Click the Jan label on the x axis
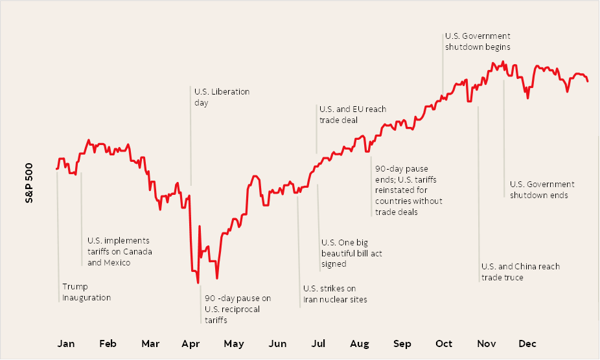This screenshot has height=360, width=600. (x=66, y=343)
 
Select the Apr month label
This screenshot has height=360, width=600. (x=191, y=343)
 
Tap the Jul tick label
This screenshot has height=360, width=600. (x=319, y=343)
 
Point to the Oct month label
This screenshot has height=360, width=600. (x=444, y=343)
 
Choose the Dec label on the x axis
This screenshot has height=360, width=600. (x=527, y=343)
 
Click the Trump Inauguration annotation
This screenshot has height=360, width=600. (x=86, y=292)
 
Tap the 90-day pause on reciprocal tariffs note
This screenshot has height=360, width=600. (x=238, y=309)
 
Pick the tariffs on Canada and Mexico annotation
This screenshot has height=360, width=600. (x=120, y=251)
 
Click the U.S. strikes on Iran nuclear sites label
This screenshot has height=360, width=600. (x=335, y=294)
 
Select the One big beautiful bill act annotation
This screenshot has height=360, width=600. (x=352, y=253)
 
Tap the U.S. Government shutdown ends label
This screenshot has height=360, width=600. (x=542, y=190)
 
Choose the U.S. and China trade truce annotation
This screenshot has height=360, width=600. (x=520, y=272)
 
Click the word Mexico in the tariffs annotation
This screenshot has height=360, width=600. (x=117, y=263)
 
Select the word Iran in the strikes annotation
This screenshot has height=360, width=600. (x=312, y=300)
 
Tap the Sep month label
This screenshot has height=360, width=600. (x=402, y=343)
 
